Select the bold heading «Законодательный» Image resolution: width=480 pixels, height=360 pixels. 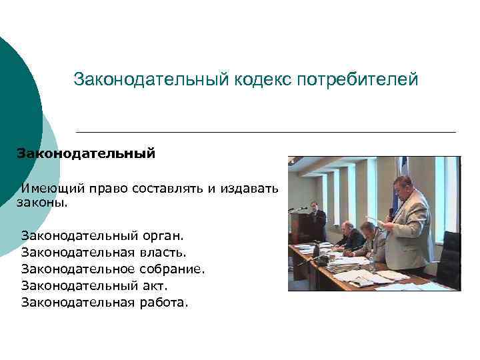(86, 153)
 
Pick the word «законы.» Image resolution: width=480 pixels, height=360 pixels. (42, 203)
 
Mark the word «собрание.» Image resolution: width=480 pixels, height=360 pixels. (172, 269)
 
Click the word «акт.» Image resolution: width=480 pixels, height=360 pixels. (155, 286)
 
